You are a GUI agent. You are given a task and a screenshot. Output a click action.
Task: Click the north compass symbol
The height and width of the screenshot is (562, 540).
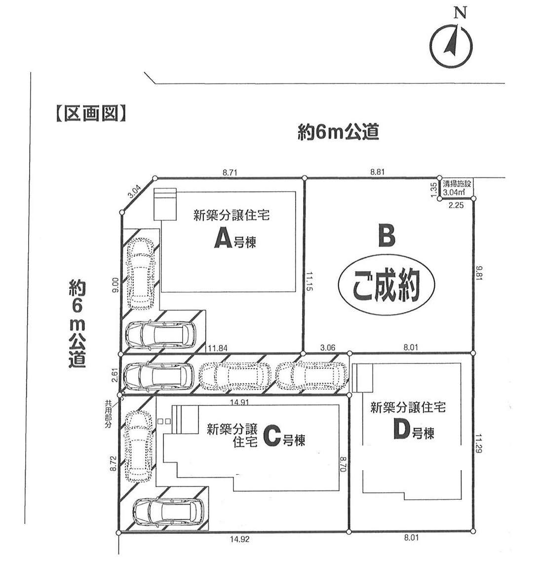(x=451, y=45)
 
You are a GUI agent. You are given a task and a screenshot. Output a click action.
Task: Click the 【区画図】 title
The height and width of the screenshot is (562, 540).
(x=91, y=114)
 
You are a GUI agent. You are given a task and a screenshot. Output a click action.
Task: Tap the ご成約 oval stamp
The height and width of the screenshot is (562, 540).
(x=386, y=284)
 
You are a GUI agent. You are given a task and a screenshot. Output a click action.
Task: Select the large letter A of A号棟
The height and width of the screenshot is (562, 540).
(x=223, y=239)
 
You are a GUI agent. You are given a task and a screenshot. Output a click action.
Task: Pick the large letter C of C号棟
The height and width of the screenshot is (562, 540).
(x=272, y=436)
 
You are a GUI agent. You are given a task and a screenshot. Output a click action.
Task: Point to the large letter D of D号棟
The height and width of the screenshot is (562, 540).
(x=402, y=429)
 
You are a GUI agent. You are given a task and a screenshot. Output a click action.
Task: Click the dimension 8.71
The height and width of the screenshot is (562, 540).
(x=230, y=172)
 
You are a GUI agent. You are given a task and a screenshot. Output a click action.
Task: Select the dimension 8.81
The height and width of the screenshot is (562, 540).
(x=377, y=172)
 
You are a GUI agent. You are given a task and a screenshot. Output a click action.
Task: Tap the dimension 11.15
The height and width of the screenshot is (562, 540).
(x=309, y=281)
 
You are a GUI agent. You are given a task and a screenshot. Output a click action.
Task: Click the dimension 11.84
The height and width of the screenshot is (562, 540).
(x=217, y=348)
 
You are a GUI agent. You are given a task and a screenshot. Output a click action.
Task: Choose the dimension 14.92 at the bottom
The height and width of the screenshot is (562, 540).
(x=240, y=539)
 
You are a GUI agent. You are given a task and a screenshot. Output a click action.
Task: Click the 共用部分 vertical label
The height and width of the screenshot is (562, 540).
(x=108, y=414)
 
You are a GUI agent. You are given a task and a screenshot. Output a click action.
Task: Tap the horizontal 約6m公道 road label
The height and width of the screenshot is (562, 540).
(x=339, y=132)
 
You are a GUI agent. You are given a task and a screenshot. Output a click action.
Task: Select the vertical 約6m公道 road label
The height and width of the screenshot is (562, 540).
(x=77, y=324)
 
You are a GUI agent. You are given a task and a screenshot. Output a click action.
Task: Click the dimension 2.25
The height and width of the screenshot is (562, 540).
(x=456, y=205)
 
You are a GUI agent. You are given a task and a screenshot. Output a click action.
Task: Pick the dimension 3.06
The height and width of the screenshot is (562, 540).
(x=328, y=347)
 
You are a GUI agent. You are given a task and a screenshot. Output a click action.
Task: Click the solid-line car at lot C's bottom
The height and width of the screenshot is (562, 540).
(x=168, y=512)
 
